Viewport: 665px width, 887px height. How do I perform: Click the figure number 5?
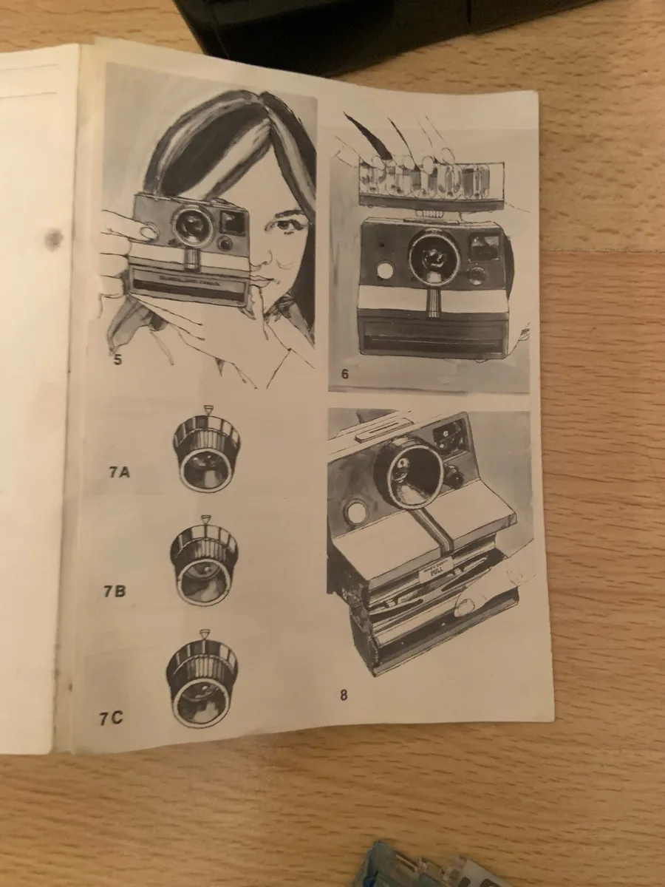click(x=117, y=361)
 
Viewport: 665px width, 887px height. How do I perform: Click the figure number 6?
click(x=344, y=374)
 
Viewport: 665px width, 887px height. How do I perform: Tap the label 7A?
click(x=119, y=472)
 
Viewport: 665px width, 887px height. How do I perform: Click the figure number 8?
click(x=344, y=694)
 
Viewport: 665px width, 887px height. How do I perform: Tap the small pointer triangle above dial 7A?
click(x=206, y=409)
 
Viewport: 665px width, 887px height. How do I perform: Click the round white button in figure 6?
click(x=384, y=271)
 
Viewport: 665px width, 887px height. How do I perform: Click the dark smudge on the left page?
click(x=53, y=238)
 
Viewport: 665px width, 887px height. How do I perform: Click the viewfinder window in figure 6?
click(x=484, y=245)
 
